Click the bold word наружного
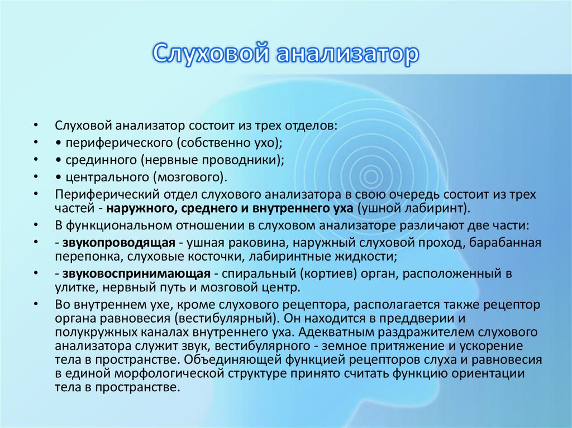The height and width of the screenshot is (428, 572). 141,208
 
